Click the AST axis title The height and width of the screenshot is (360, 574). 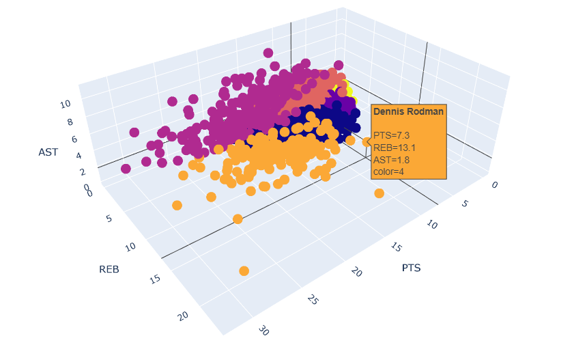(47, 152)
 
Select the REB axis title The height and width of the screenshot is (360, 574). (109, 269)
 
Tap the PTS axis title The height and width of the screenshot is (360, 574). (411, 268)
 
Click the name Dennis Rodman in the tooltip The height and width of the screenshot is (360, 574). (408, 111)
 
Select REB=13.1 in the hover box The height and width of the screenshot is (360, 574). (393, 148)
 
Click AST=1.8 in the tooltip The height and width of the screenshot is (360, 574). (392, 159)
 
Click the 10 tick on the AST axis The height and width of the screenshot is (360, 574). (66, 105)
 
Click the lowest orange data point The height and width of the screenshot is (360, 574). (244, 271)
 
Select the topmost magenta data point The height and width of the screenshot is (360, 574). (268, 53)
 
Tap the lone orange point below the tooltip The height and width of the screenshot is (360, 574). (379, 193)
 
